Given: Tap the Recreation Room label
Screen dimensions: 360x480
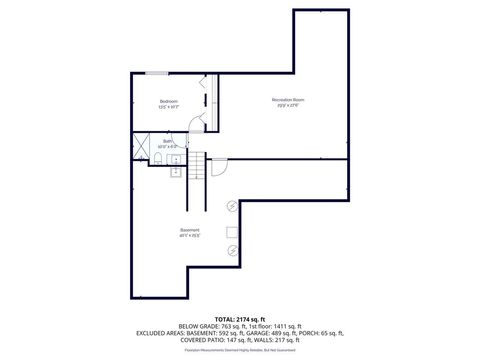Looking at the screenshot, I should coord(287,100).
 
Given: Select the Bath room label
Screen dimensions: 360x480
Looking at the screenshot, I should coord(183,141).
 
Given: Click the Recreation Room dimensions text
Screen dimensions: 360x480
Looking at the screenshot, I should coord(287,106).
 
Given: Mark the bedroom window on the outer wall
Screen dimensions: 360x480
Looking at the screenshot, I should coord(157,73).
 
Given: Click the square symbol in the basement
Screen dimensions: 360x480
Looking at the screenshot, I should coord(233,230).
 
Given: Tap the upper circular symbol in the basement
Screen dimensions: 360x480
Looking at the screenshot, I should coord(232,205).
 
